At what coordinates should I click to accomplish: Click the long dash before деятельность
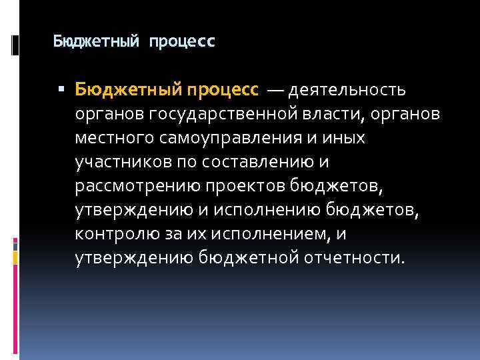(276, 89)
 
